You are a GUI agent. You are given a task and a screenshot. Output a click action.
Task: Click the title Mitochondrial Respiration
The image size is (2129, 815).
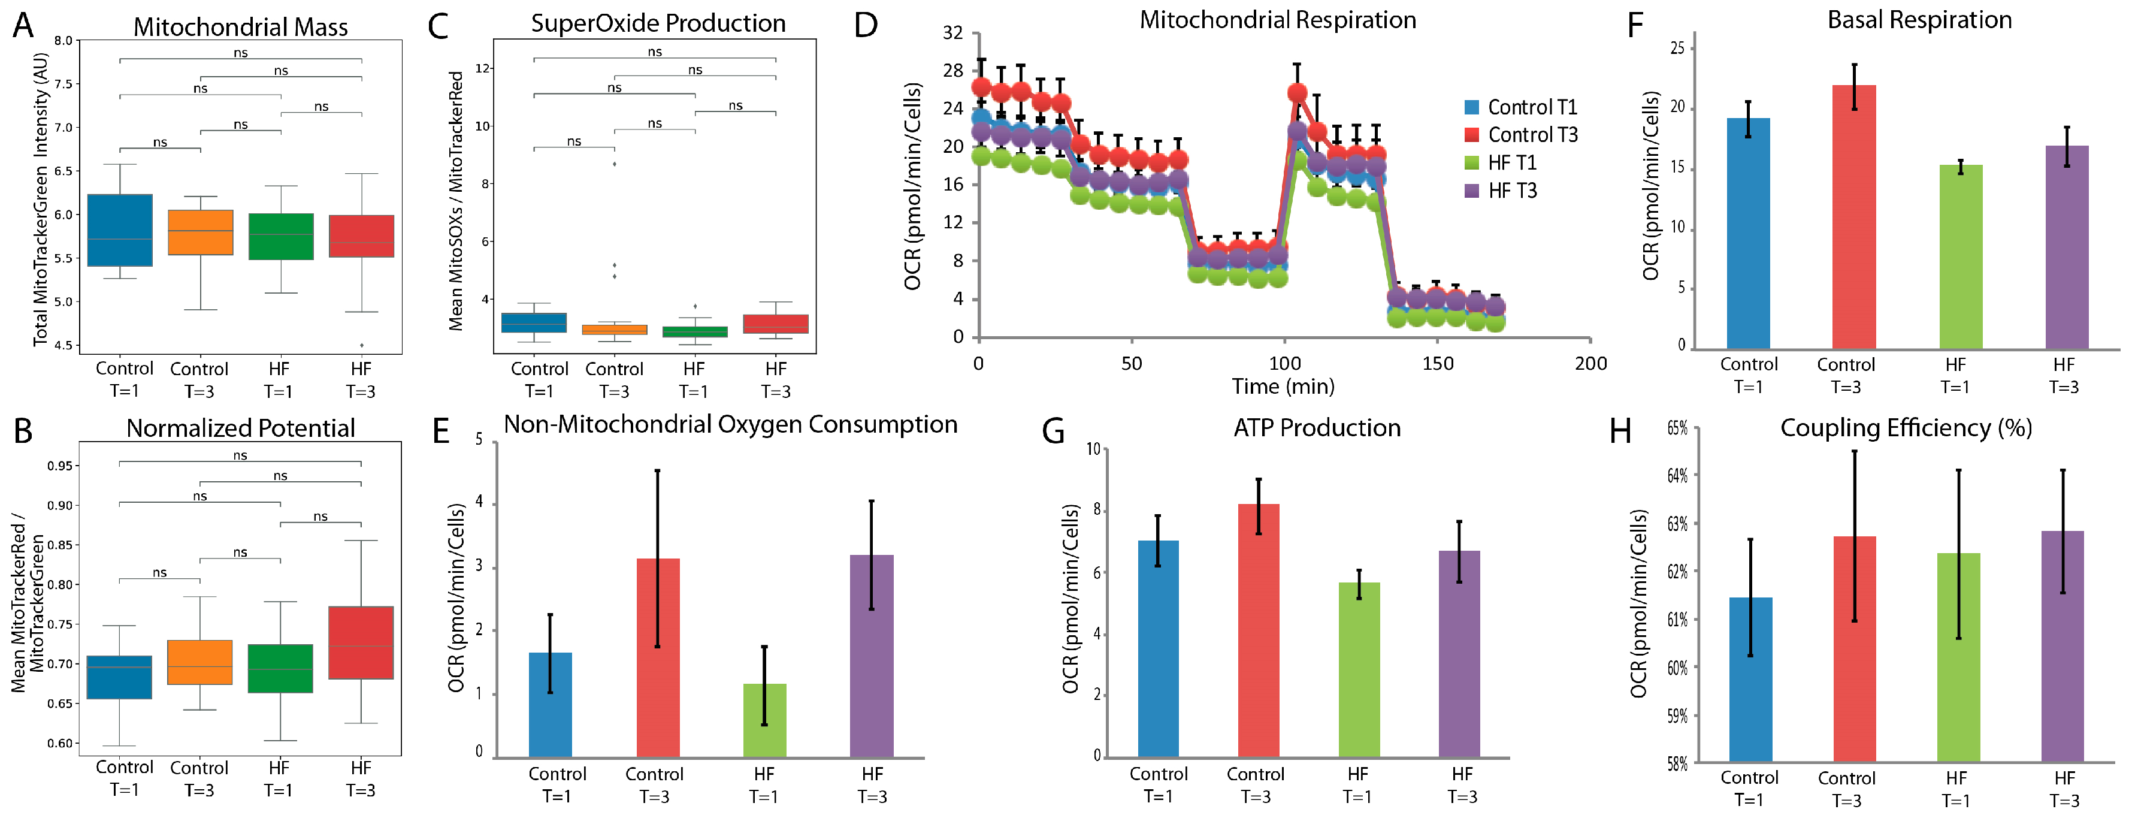1277,20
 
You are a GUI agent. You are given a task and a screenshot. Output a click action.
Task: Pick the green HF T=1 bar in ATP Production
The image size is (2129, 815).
1359,669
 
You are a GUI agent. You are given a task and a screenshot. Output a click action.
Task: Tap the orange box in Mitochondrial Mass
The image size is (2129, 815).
201,233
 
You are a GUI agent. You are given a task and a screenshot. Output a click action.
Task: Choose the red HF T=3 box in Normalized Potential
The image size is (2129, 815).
361,642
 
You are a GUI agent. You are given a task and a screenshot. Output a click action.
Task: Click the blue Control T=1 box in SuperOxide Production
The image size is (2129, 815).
534,322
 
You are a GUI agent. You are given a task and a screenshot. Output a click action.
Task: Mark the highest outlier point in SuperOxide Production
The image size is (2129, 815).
614,164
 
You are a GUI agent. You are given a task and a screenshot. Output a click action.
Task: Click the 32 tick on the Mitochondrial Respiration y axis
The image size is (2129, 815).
953,33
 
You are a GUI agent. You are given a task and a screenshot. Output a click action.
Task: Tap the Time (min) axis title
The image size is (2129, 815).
1283,386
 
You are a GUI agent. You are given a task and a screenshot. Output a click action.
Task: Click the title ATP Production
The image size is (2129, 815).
1317,427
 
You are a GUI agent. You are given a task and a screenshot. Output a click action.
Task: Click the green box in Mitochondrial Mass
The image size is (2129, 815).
281,236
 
